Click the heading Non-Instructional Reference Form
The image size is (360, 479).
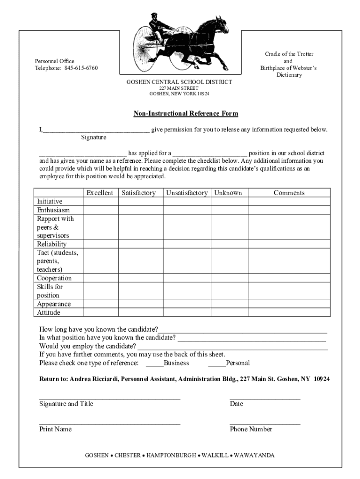point(186,114)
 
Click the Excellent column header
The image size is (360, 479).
point(100,193)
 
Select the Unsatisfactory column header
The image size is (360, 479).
point(187,193)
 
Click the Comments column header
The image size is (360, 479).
point(289,193)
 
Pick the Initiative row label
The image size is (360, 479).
point(50,202)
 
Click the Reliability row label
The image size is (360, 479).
point(52,244)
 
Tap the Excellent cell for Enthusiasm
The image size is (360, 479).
point(100,210)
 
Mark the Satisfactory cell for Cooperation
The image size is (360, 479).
point(140,278)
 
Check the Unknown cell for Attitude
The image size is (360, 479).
point(229,312)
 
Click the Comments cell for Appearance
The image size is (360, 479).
point(289,304)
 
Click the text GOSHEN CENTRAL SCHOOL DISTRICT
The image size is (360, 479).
point(180,82)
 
